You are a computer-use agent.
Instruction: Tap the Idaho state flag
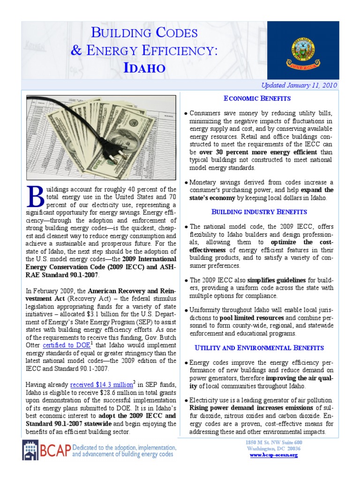(x=303, y=50)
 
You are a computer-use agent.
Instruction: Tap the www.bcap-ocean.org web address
(x=274, y=455)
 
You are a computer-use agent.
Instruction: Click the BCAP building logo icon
(x=32, y=450)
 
